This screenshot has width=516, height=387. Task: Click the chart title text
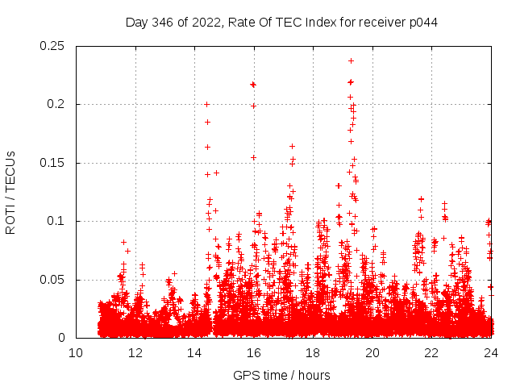(281, 22)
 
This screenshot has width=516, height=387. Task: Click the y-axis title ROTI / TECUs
(10, 193)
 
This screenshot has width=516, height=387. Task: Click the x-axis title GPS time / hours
(281, 375)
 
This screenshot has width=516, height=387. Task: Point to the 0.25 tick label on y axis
(54, 46)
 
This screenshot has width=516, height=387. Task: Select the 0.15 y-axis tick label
(54, 163)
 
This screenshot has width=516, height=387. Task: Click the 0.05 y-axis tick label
(54, 280)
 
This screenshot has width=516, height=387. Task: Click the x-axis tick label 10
(76, 353)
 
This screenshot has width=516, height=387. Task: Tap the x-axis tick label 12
(135, 353)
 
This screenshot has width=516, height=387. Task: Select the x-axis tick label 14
(194, 353)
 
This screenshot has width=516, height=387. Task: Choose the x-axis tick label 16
(254, 353)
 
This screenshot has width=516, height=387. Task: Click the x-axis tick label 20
(372, 353)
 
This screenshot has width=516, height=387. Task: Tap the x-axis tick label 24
(491, 353)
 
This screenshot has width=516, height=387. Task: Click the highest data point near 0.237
(351, 60)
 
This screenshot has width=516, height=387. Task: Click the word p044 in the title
(422, 22)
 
